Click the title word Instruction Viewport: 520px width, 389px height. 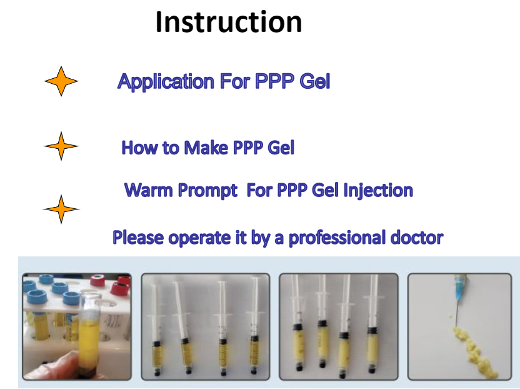[229, 22]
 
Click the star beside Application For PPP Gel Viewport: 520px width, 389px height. [61, 81]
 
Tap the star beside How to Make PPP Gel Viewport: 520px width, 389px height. [61, 146]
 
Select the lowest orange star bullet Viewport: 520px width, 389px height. [61, 209]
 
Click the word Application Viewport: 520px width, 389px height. [166, 82]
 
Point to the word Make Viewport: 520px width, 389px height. [206, 148]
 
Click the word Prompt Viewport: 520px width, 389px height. [207, 191]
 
